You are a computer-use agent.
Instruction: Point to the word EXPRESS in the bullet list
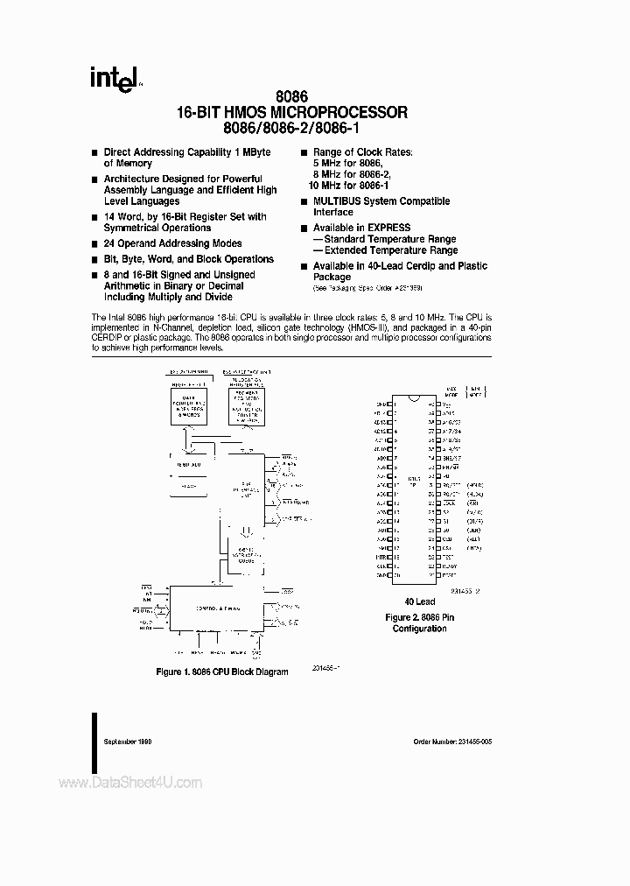tap(388, 228)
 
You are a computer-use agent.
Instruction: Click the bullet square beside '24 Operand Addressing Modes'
tap(94, 244)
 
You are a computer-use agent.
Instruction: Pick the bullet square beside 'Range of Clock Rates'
tap(304, 153)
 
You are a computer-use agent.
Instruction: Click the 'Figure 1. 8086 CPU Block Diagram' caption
tap(223, 673)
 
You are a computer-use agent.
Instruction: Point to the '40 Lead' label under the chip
tap(419, 602)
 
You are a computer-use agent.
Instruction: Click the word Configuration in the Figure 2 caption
tap(419, 629)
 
